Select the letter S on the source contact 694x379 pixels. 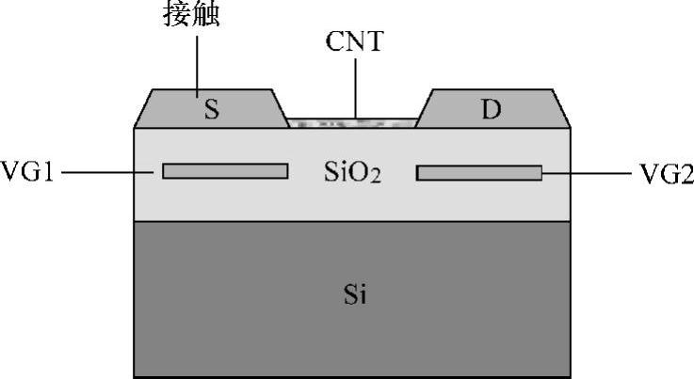[212, 110]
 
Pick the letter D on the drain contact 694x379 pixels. [491, 110]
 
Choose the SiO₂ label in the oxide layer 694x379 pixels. [349, 173]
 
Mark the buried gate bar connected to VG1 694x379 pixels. [225, 171]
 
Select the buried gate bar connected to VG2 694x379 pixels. [479, 173]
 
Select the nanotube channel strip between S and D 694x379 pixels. [351, 122]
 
